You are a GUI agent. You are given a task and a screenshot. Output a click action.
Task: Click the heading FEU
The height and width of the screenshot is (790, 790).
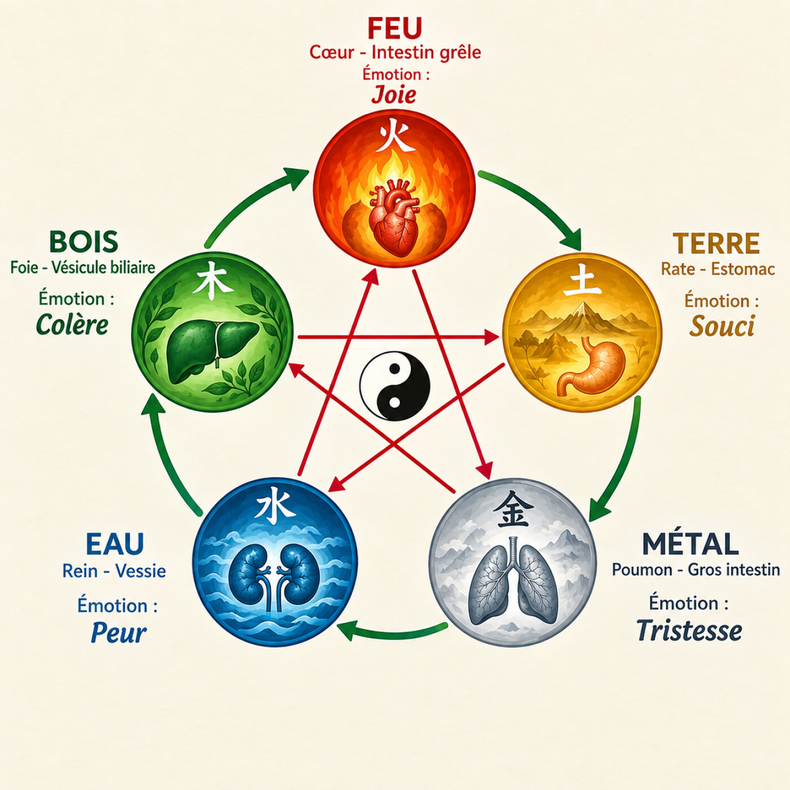[x=394, y=28]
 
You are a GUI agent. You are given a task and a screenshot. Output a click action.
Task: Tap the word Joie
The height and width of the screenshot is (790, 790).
[x=394, y=95]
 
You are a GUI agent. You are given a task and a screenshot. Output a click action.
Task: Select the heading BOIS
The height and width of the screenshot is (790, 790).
[x=84, y=242]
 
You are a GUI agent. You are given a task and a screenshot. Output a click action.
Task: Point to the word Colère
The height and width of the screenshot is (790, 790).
[x=72, y=325]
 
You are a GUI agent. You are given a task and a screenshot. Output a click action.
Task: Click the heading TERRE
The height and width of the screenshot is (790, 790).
[x=716, y=244]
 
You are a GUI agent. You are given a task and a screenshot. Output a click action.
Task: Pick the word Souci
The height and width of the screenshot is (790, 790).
[x=722, y=327]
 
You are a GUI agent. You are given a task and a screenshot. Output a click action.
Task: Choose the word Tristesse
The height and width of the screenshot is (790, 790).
[x=689, y=630]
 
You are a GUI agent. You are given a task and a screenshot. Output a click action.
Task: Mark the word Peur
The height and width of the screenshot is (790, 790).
[x=118, y=633]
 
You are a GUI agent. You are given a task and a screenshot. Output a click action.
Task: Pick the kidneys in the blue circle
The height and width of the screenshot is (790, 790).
[x=274, y=577]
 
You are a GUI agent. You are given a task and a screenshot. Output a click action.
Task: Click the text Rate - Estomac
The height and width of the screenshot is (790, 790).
[x=718, y=269]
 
